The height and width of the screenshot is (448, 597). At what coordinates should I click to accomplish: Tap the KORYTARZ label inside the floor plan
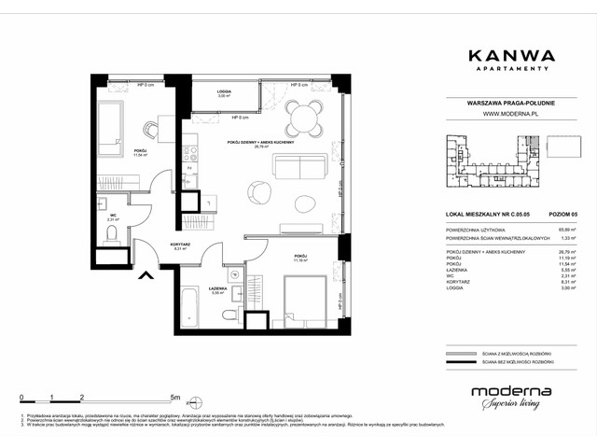tap(180, 245)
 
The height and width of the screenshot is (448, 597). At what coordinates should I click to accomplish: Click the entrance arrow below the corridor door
tap(146, 274)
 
